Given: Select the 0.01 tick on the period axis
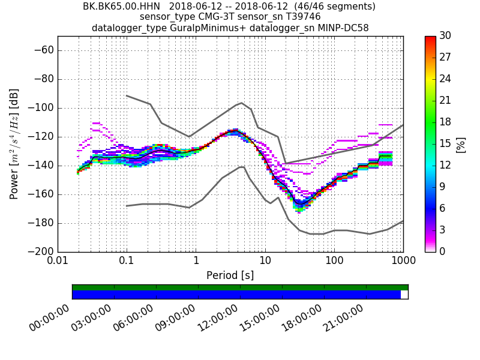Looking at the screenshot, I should (58, 262).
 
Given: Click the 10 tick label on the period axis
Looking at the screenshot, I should (265, 262).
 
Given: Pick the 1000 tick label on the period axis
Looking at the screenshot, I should (403, 262).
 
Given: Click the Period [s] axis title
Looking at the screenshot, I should (230, 275).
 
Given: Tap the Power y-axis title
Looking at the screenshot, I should (14, 144).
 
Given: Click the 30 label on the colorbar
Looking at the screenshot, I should (445, 37).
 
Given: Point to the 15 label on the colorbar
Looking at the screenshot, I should (445, 144).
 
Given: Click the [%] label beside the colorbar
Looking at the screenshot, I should (461, 144).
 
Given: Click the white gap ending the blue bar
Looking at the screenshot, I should (404, 295).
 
